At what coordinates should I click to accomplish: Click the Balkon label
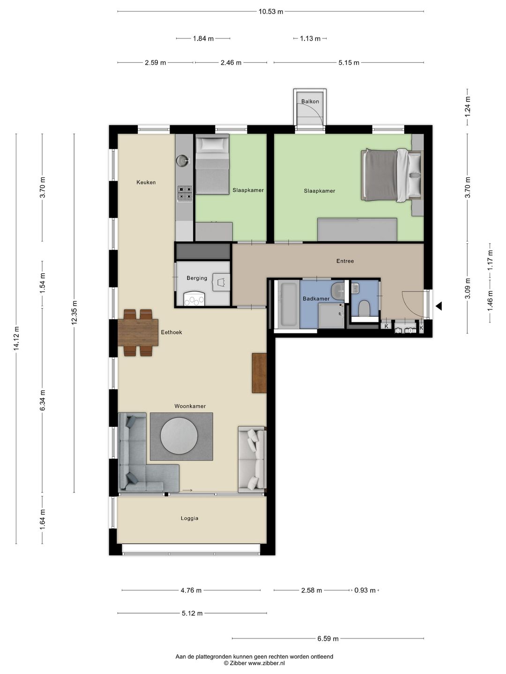310,102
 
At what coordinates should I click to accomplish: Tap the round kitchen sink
182,161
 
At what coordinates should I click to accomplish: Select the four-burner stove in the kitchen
184,193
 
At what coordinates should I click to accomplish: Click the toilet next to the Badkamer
364,308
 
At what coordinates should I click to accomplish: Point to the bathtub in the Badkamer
288,304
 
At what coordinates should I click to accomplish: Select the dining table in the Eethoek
138,332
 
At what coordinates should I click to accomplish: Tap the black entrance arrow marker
439,306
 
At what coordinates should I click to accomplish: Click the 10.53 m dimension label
271,12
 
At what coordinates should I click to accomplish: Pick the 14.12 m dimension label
16,339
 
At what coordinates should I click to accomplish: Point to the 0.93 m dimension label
365,590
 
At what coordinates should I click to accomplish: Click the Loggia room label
189,518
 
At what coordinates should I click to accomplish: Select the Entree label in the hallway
345,261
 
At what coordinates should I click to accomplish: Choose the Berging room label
197,278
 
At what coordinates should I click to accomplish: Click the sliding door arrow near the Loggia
187,490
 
